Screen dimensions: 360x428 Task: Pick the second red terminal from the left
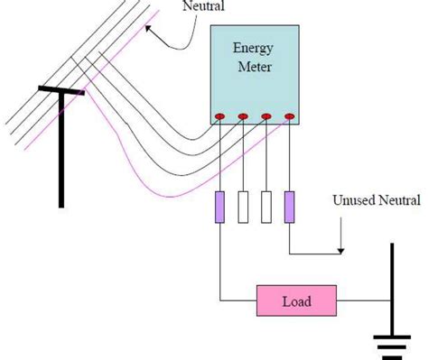(x=243, y=117)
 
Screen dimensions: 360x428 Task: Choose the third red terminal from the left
(x=266, y=117)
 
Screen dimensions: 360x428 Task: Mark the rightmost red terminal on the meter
(x=289, y=117)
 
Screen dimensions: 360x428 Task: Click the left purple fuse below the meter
(x=220, y=207)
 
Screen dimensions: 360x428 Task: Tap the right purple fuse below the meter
(x=289, y=207)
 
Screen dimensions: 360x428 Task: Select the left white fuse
(x=243, y=207)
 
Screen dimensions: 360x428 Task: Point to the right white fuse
(x=266, y=207)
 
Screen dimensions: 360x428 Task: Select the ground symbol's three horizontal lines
(x=392, y=346)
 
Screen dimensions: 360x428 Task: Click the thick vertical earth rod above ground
(x=392, y=289)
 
